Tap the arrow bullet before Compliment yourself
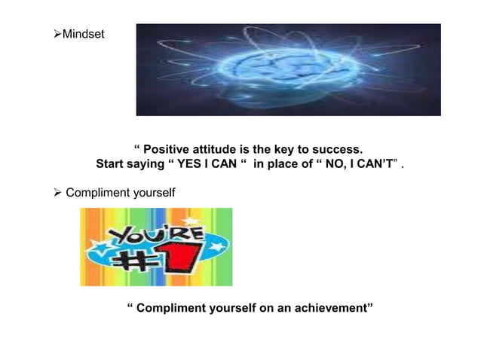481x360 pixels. (57, 194)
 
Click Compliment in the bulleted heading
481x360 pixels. (96, 194)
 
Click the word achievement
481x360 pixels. (332, 309)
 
